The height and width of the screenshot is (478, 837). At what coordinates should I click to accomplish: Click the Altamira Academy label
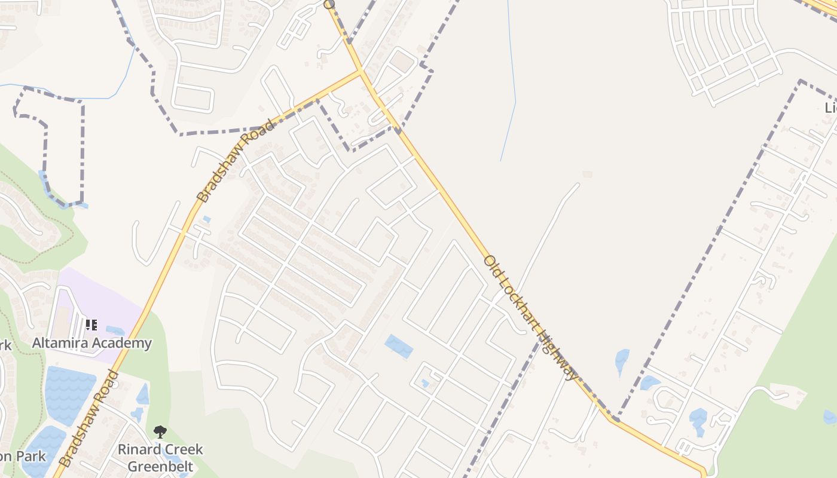(x=91, y=343)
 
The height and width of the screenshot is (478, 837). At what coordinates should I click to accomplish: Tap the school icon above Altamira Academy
(x=91, y=325)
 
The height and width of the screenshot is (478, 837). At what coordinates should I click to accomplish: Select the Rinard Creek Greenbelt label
(x=160, y=458)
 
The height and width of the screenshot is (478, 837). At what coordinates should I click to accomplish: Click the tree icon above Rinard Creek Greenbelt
(x=160, y=431)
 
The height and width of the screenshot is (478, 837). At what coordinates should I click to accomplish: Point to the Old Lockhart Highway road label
(x=531, y=317)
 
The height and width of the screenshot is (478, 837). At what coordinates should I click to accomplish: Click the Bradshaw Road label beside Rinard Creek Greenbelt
(x=88, y=418)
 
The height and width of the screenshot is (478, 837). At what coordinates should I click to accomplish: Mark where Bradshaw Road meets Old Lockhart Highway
(x=361, y=71)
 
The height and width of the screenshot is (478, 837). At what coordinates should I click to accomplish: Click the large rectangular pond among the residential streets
(x=398, y=347)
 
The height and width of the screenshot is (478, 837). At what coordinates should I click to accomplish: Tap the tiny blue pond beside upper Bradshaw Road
(x=206, y=220)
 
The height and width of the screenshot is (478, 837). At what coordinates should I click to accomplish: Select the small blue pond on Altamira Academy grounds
(x=115, y=330)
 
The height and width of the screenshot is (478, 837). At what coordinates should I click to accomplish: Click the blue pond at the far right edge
(x=830, y=416)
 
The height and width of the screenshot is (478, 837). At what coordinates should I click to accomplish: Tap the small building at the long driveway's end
(x=586, y=174)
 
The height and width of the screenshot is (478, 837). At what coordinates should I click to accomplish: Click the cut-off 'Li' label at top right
(x=830, y=108)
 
